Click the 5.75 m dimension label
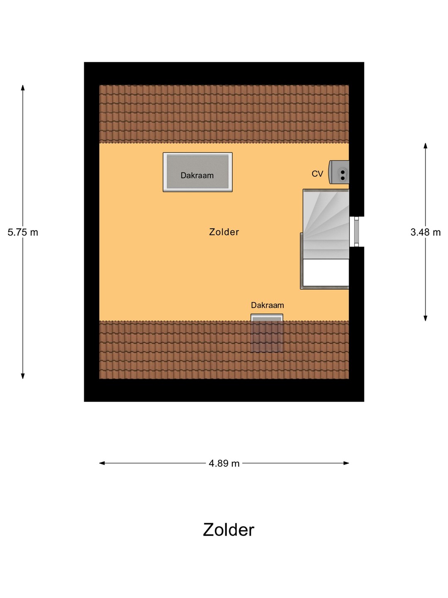[23, 233]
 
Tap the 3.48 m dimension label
[426, 232]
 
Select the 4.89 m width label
[224, 463]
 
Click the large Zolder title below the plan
[229, 530]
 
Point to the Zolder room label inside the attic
[224, 232]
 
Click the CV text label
[317, 174]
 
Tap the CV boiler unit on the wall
[339, 172]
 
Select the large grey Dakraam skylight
[197, 172]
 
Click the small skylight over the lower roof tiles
[267, 333]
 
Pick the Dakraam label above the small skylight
[268, 305]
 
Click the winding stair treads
[326, 224]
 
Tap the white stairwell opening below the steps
[326, 272]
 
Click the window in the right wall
[354, 232]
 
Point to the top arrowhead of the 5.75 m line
[23, 87]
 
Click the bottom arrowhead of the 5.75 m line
[23, 376]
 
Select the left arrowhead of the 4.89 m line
[102, 463]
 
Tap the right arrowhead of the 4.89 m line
[346, 463]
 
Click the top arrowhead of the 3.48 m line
[426, 145]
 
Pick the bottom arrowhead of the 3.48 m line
[426, 318]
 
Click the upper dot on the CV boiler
[343, 172]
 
